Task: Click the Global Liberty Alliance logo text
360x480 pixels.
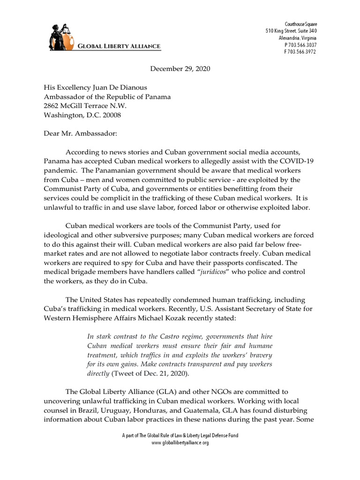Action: point(119,46)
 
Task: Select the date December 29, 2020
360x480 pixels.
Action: point(180,69)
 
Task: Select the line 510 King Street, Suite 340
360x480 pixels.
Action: point(291,31)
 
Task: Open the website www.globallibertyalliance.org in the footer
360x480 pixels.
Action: point(180,442)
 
